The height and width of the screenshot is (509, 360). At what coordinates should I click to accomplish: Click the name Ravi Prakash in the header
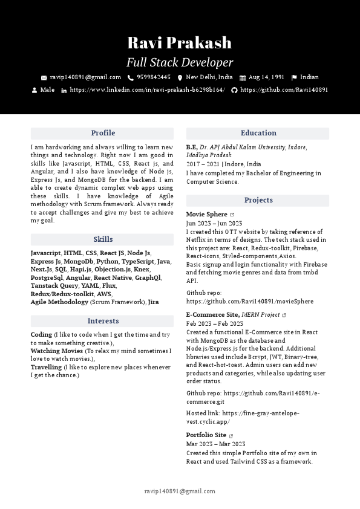[180, 43]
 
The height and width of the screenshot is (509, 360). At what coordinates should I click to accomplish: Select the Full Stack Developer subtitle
[180, 62]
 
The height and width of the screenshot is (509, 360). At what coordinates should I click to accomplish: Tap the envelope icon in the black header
[44, 78]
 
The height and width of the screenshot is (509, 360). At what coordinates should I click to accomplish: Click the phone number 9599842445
[153, 77]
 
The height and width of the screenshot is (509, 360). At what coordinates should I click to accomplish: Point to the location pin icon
[180, 78]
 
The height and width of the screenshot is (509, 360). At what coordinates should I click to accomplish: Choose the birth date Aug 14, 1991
[266, 77]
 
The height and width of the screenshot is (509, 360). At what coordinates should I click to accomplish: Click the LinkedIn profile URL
[147, 90]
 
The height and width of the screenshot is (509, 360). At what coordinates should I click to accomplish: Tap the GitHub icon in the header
[234, 90]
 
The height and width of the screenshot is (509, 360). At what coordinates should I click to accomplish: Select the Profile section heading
[102, 133]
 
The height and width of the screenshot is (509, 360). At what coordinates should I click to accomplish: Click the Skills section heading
[102, 239]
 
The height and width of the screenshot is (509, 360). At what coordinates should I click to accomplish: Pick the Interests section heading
[102, 321]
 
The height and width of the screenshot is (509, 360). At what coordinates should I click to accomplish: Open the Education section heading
[258, 133]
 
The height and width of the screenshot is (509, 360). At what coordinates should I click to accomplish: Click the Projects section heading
[258, 200]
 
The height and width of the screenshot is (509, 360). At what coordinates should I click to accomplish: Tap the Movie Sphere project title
[206, 215]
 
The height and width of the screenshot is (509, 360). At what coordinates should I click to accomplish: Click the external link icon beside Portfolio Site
[231, 435]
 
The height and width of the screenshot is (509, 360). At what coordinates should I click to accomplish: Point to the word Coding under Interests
[41, 334]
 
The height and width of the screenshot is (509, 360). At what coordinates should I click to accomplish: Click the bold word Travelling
[46, 367]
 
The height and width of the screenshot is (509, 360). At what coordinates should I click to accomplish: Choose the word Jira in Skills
[154, 302]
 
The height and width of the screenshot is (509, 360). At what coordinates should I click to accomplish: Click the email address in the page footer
[180, 491]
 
